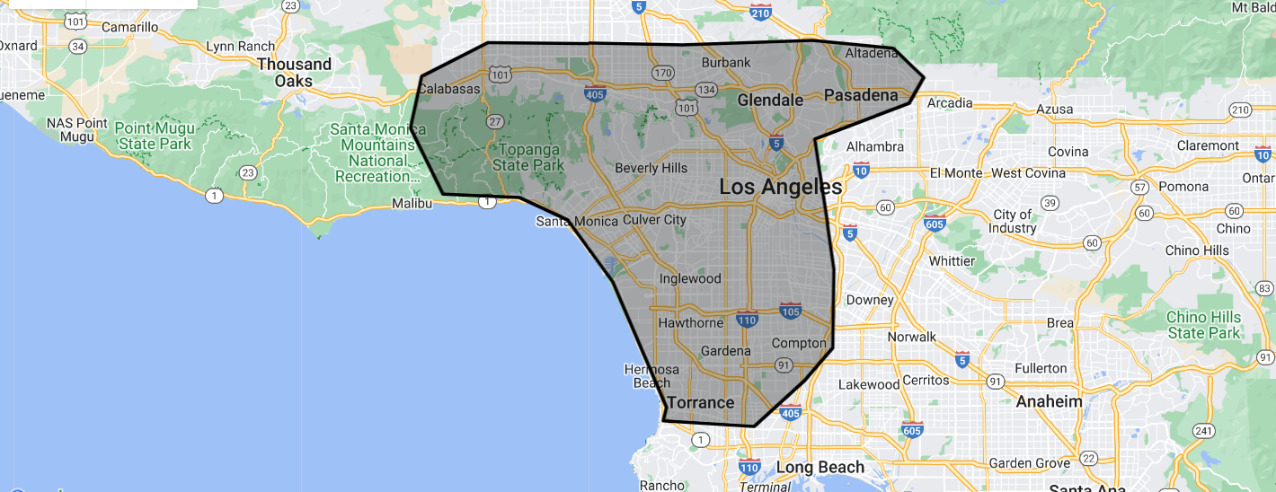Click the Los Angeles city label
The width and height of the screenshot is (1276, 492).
(x=781, y=188)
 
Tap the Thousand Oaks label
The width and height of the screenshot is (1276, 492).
(x=294, y=72)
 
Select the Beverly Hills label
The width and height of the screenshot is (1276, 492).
(x=651, y=168)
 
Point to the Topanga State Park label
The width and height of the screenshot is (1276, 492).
(x=528, y=157)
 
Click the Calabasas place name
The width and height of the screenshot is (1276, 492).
(x=449, y=89)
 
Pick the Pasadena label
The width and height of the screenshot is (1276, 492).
(x=861, y=95)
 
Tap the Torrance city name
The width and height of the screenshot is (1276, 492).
(x=700, y=402)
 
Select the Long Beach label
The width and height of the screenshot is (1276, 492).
(x=820, y=468)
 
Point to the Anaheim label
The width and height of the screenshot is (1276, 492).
(x=1049, y=401)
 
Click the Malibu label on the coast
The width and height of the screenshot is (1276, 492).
(x=412, y=204)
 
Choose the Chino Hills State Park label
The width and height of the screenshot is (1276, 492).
(x=1204, y=325)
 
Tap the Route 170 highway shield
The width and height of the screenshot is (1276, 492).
(x=663, y=73)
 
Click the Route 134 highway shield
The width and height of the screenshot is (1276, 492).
(x=705, y=90)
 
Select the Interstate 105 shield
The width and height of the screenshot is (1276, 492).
(x=791, y=311)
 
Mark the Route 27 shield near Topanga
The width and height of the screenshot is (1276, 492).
(x=494, y=121)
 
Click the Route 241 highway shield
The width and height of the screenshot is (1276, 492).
(x=1203, y=431)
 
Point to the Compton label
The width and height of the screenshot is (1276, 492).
(x=799, y=343)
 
